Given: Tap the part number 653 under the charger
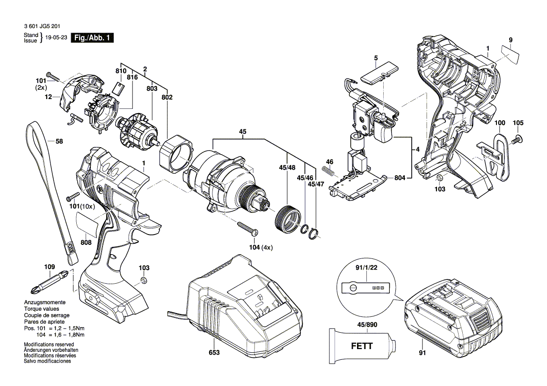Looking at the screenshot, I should pyautogui.click(x=214, y=352).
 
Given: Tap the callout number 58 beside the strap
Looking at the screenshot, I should pyautogui.click(x=58, y=141).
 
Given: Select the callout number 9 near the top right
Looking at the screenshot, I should pyautogui.click(x=511, y=40).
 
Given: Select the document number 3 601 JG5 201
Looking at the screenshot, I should pyautogui.click(x=41, y=27).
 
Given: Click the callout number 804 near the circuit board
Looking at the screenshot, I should pyautogui.click(x=400, y=178).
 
